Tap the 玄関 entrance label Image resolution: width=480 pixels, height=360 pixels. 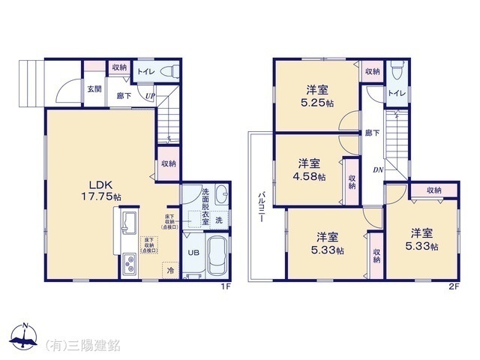point(93,88)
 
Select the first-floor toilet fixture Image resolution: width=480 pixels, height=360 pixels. point(172,73)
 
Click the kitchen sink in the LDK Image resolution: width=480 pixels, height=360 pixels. point(127,222)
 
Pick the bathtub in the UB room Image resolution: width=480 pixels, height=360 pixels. point(217,256)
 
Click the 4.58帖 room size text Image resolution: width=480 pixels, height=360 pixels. point(310,177)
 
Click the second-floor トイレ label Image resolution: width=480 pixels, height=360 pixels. point(397,93)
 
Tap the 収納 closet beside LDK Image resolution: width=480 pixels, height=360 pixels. point(169,163)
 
